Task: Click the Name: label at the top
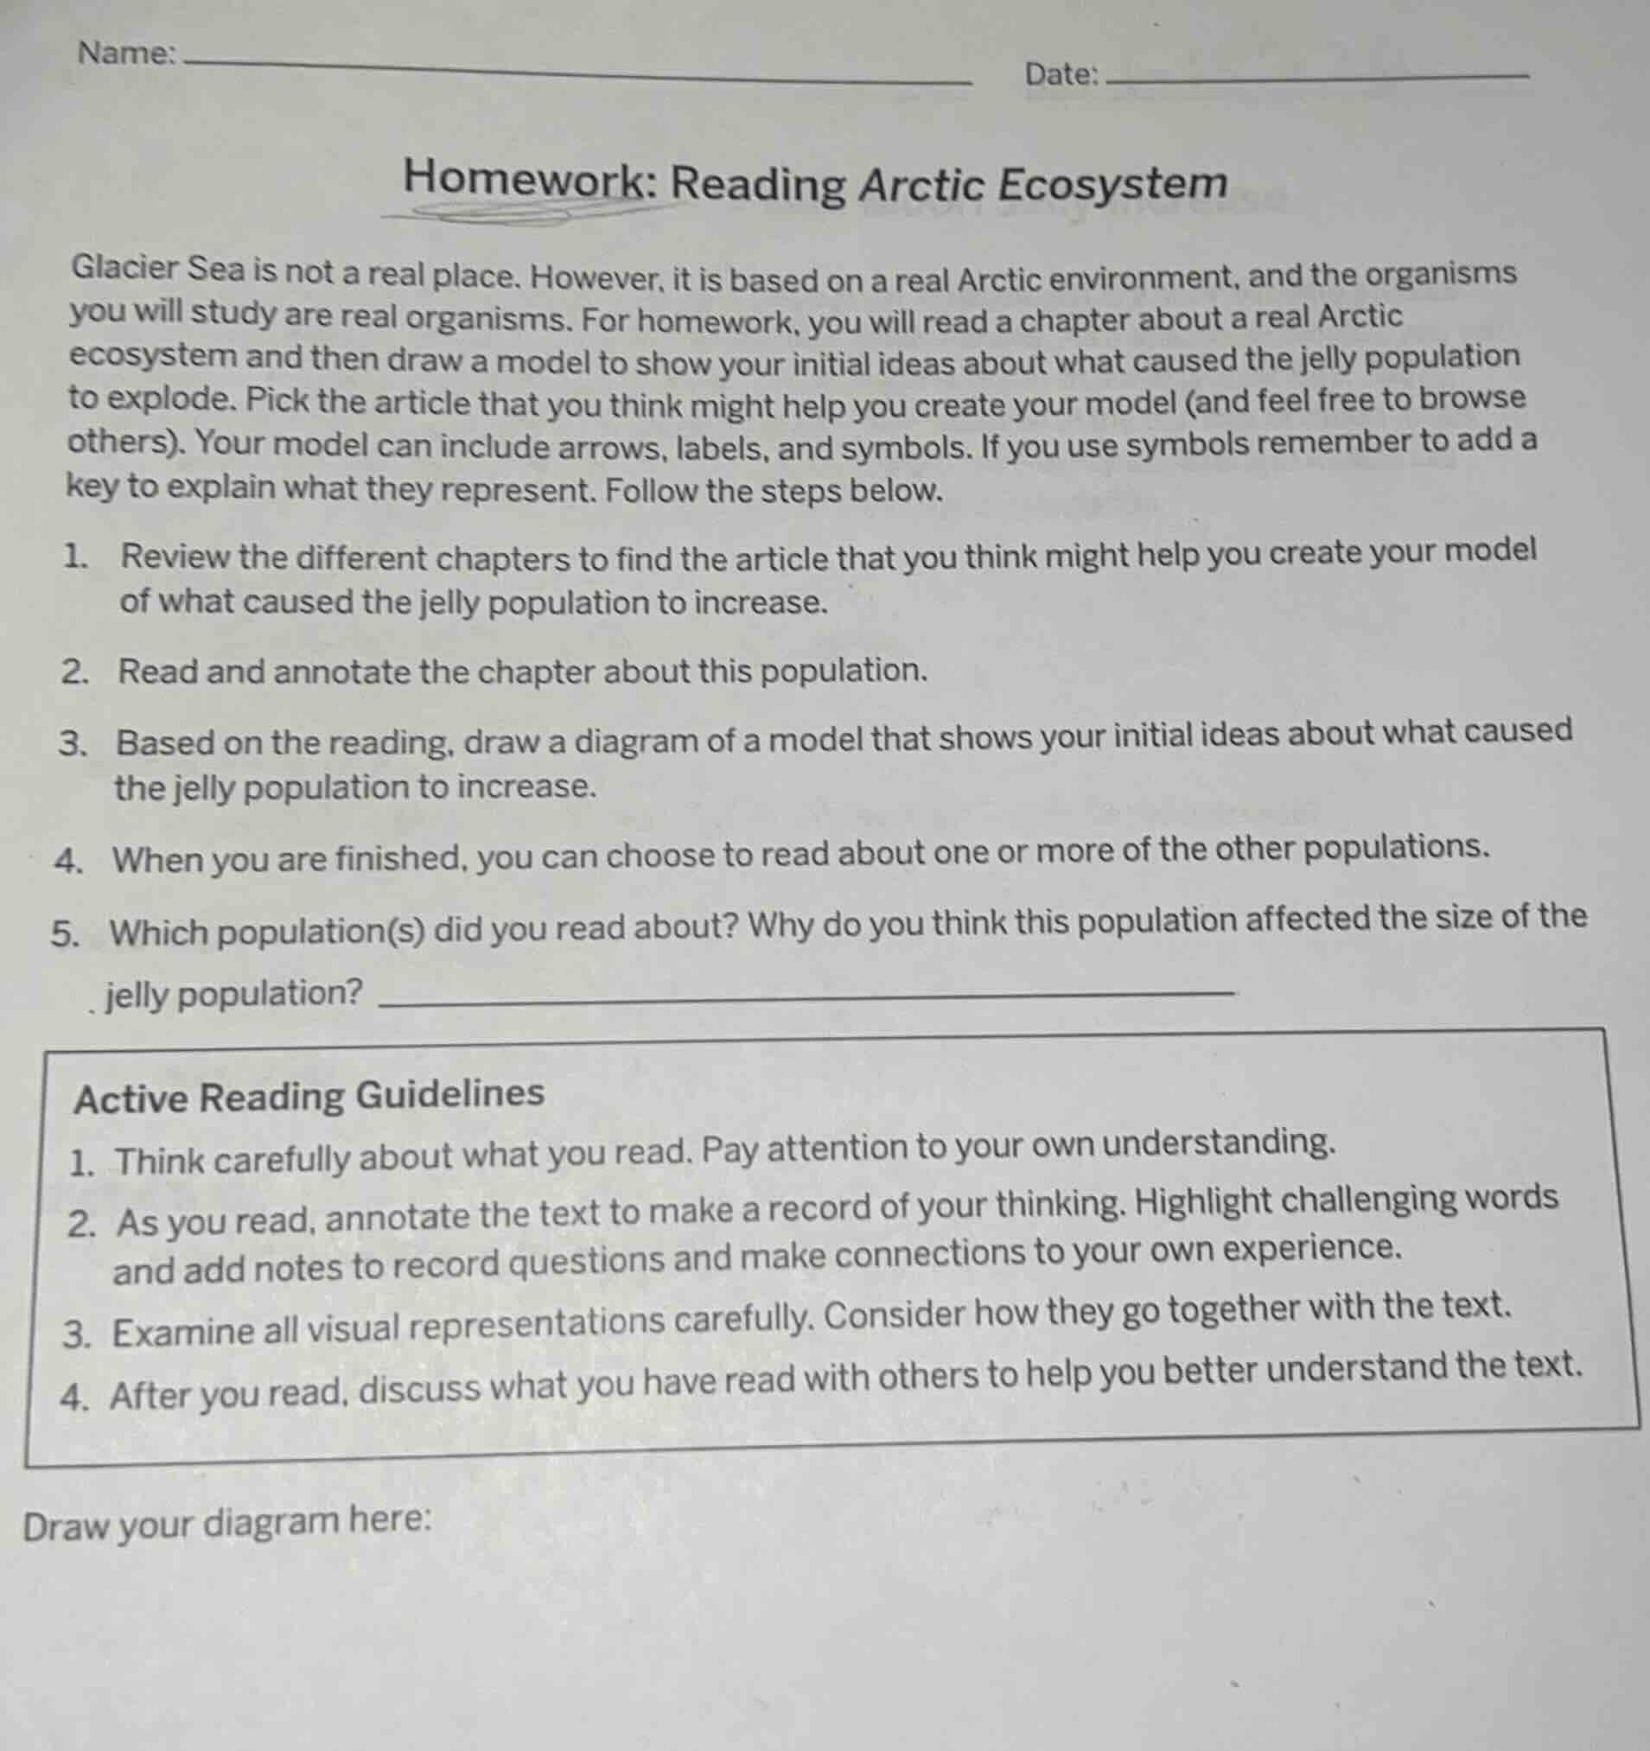tap(126, 54)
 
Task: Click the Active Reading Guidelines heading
tap(309, 1096)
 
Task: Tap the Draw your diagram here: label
tap(227, 1524)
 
